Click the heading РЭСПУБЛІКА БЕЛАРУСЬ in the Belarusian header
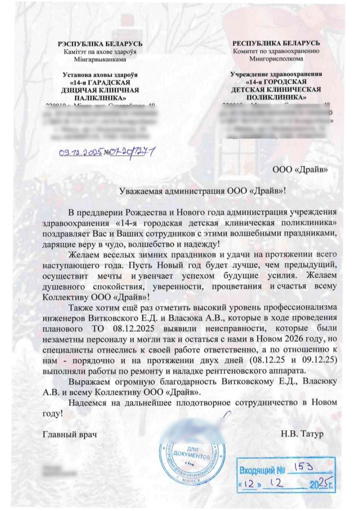[x=100, y=44]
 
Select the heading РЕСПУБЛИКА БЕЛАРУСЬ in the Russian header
[x=276, y=43]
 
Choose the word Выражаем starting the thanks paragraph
[x=91, y=381]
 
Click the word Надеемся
[x=87, y=402]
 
